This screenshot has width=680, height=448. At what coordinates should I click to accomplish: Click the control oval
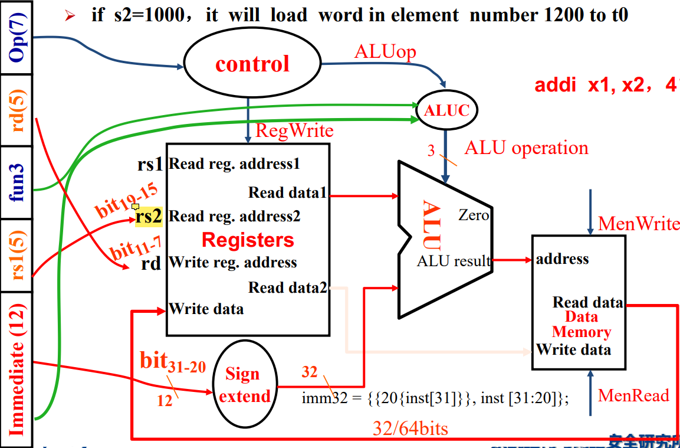pyautogui.click(x=252, y=64)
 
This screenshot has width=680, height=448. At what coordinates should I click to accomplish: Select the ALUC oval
pyautogui.click(x=446, y=110)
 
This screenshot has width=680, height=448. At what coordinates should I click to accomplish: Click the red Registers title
pyautogui.click(x=248, y=240)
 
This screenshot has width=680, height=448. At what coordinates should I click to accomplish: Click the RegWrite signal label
pyautogui.click(x=294, y=130)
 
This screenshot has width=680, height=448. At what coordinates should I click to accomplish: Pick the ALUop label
pyautogui.click(x=385, y=52)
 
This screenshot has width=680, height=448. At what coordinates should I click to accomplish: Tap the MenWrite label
pyautogui.click(x=639, y=224)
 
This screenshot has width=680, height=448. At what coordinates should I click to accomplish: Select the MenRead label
pyautogui.click(x=633, y=395)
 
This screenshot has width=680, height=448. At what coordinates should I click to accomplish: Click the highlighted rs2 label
pyautogui.click(x=148, y=217)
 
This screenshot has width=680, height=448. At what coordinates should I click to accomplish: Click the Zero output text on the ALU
pyautogui.click(x=474, y=215)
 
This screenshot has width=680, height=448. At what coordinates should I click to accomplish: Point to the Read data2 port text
pyautogui.click(x=288, y=287)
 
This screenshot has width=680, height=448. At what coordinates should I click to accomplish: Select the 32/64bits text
pyautogui.click(x=410, y=428)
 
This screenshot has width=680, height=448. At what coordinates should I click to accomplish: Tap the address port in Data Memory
pyautogui.click(x=562, y=259)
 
